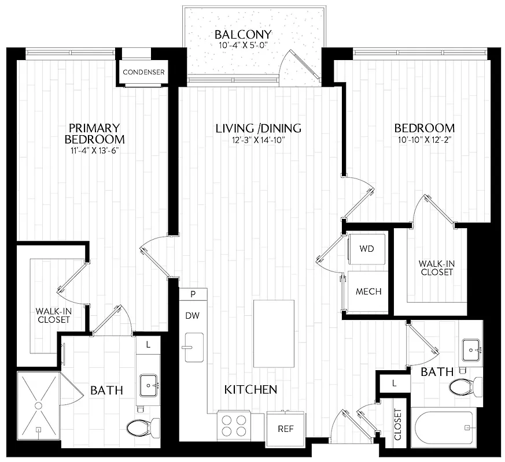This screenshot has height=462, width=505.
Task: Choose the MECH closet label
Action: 368,292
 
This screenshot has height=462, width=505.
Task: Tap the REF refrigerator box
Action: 285,429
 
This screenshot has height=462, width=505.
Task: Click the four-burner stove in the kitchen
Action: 233,424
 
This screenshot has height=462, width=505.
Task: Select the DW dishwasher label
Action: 192,316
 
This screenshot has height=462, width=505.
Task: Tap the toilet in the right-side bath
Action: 469,385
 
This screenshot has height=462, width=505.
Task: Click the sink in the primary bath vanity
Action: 149,383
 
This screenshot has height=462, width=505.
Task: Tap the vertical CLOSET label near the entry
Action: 397,425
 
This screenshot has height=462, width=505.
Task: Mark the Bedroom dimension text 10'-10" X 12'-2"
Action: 424,140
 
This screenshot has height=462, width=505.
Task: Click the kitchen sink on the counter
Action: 194,347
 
